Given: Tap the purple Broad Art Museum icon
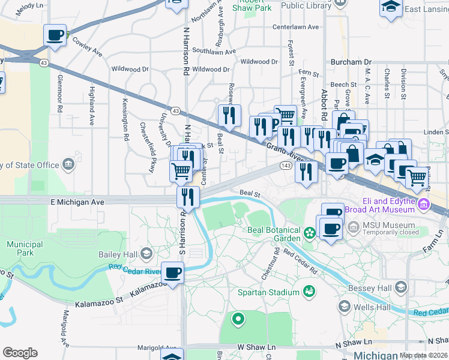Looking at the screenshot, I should [425, 204].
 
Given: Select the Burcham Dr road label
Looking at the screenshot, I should [351, 62].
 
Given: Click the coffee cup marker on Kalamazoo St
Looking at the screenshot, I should [173, 273].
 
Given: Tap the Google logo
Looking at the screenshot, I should [20, 353].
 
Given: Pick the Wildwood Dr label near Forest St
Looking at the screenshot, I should [259, 62].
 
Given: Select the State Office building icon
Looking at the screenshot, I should [68, 164].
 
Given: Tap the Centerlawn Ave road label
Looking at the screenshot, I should [295, 28].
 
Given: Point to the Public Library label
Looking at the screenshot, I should [306, 6].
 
